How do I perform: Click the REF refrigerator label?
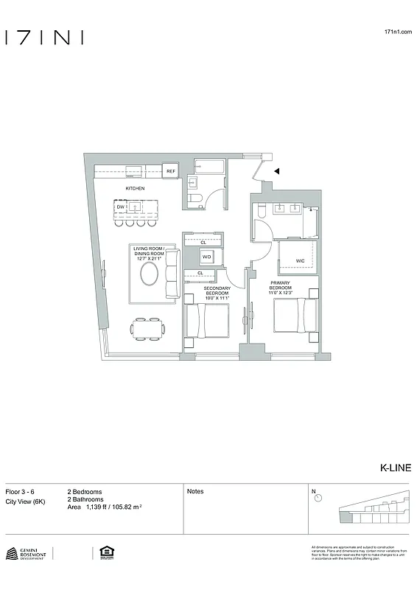click(x=170, y=172)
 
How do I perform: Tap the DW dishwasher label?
click(x=120, y=207)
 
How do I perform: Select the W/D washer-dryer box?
click(x=207, y=257)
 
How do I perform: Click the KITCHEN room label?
click(x=135, y=189)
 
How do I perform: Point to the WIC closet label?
click(x=300, y=261)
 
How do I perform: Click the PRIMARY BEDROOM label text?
click(x=281, y=288)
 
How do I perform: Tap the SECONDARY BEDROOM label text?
click(x=217, y=293)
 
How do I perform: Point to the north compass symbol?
click(x=318, y=498)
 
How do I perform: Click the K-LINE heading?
click(x=395, y=468)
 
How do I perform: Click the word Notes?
click(x=195, y=491)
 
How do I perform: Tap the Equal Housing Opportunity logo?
click(x=104, y=552)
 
